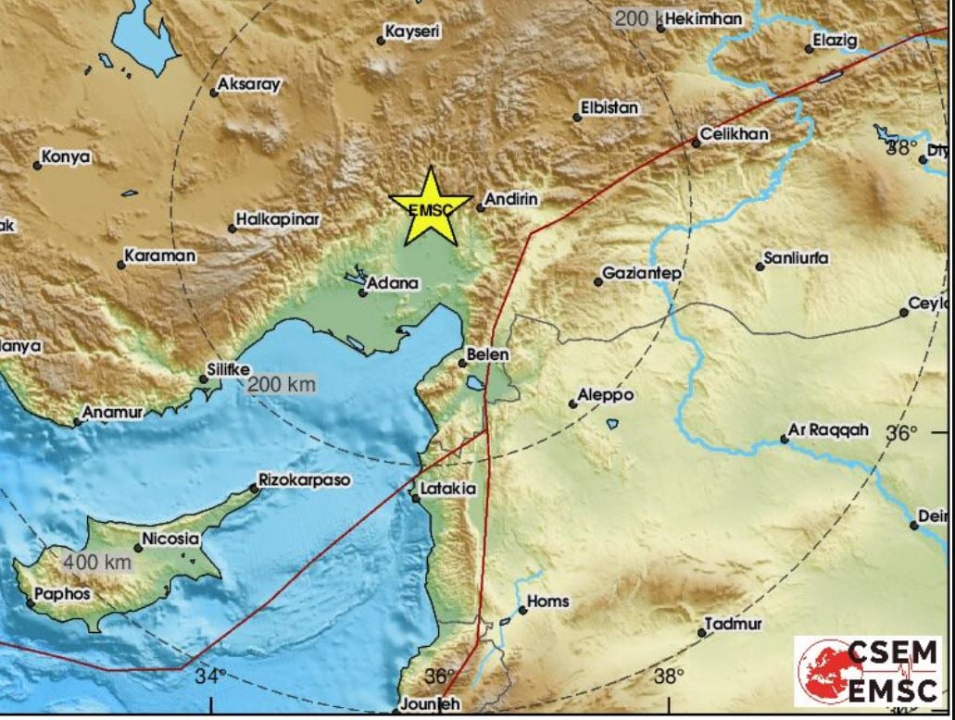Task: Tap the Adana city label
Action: (393, 283)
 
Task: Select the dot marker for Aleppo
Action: (572, 403)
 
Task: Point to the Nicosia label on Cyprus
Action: (170, 538)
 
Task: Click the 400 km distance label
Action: (97, 561)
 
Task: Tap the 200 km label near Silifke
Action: (282, 384)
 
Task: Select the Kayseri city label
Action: (413, 31)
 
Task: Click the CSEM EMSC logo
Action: (869, 671)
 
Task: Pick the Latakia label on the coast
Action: (448, 488)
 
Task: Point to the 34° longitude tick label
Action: (210, 677)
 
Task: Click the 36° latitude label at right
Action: (900, 433)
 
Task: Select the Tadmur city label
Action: (733, 625)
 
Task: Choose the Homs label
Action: (548, 602)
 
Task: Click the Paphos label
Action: (62, 594)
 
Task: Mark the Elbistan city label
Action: (609, 108)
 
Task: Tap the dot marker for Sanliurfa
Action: (760, 267)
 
